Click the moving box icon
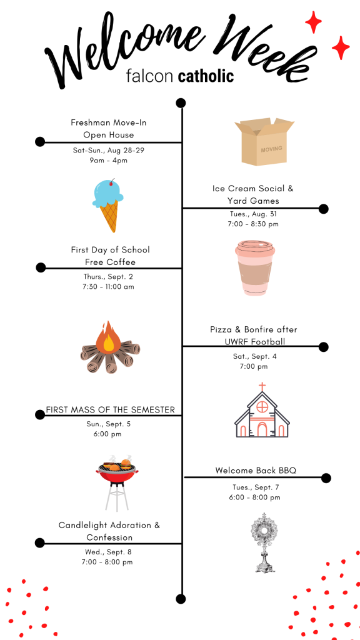pos(264,142)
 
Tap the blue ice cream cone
pos(108,205)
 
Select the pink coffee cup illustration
pos(255,267)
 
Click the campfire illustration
pos(110,347)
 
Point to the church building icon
pos(262,410)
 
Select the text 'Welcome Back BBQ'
pos(256,471)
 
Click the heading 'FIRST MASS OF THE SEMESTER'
pos(110,409)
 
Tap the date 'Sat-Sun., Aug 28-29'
pos(109,150)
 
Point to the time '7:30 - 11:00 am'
pos(108,286)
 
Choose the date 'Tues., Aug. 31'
pos(254,214)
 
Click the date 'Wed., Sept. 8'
pos(108,552)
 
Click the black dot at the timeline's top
pos(181,103)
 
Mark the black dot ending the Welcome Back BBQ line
pos(326,478)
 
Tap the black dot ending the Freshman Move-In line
pos(40,142)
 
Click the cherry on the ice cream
pos(112,181)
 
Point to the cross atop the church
pos(262,386)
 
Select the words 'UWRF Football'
pos(255,342)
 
